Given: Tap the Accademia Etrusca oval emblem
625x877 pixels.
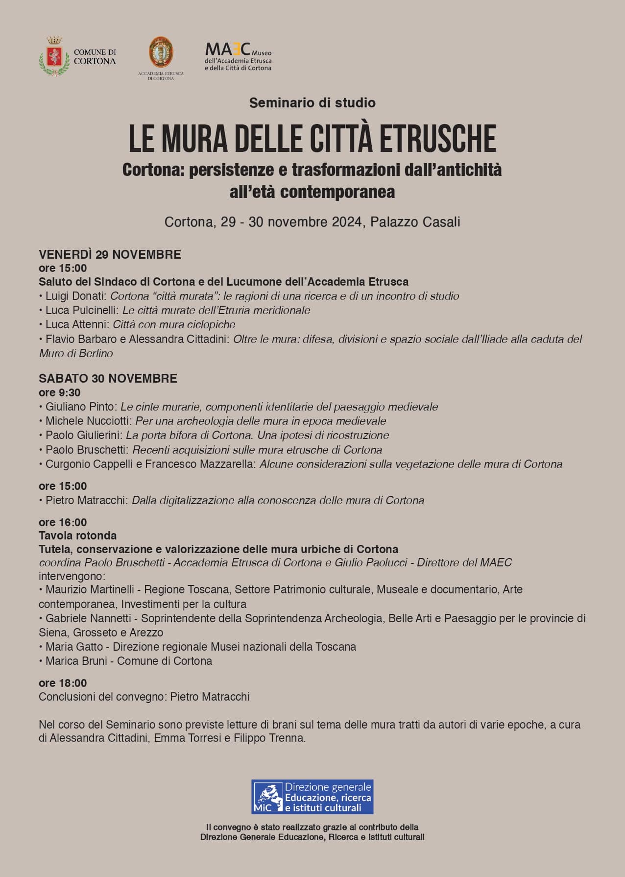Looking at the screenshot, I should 161,52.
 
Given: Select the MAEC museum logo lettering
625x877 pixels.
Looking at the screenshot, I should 228,49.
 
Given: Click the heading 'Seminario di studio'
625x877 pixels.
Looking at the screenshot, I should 312,103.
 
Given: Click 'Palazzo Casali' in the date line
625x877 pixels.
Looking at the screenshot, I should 415,222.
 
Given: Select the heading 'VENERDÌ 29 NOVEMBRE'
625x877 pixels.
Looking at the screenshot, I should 110,254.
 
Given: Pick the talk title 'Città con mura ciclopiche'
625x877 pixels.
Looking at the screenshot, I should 174,324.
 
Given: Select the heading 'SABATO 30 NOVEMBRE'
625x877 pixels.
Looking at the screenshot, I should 108,378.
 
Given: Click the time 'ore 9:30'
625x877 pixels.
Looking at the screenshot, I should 59,392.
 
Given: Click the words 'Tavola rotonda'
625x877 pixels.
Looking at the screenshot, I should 77,536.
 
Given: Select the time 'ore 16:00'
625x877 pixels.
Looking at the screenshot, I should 63,522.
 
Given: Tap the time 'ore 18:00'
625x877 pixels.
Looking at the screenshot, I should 63,683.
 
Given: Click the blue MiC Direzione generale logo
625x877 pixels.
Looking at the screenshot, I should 312,797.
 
